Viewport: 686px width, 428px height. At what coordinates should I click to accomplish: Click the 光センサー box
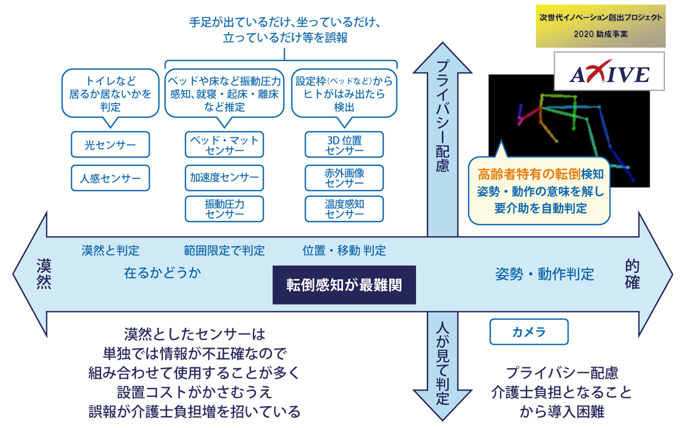110,145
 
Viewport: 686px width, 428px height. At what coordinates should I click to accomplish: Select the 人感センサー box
110,178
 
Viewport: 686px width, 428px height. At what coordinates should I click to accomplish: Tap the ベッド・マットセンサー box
224,145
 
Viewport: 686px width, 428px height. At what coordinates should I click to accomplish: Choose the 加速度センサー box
224,178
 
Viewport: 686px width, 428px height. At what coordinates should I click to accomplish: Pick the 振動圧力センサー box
224,209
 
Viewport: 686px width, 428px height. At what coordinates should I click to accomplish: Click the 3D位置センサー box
344,145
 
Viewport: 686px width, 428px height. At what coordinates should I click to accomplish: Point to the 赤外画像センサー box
344,178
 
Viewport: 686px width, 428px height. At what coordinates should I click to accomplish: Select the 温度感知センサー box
344,209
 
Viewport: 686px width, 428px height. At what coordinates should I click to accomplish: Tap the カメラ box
529,332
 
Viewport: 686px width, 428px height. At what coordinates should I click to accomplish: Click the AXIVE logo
609,72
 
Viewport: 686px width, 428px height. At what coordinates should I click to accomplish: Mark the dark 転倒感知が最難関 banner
344,285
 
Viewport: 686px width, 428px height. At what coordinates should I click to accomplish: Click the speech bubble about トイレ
110,94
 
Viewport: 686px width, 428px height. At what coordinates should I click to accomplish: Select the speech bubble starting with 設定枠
344,94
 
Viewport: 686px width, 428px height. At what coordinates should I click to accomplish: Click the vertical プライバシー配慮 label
442,116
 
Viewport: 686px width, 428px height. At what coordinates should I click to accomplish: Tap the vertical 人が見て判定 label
442,363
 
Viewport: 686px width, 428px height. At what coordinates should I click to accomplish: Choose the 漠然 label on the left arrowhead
44,274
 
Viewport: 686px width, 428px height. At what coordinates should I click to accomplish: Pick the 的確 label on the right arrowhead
632,274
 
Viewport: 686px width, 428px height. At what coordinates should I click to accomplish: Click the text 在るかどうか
162,273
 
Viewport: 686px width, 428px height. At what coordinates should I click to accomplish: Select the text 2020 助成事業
600,34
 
